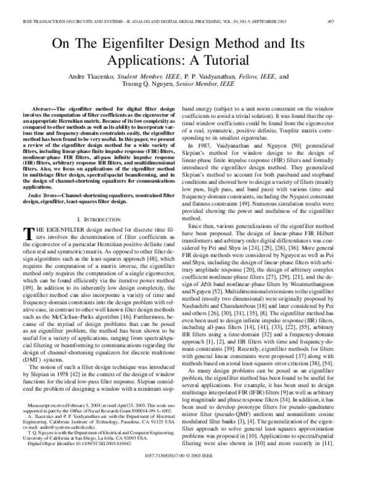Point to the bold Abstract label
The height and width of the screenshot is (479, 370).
[x=46, y=107]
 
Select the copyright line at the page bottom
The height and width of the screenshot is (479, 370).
[x=185, y=473]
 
